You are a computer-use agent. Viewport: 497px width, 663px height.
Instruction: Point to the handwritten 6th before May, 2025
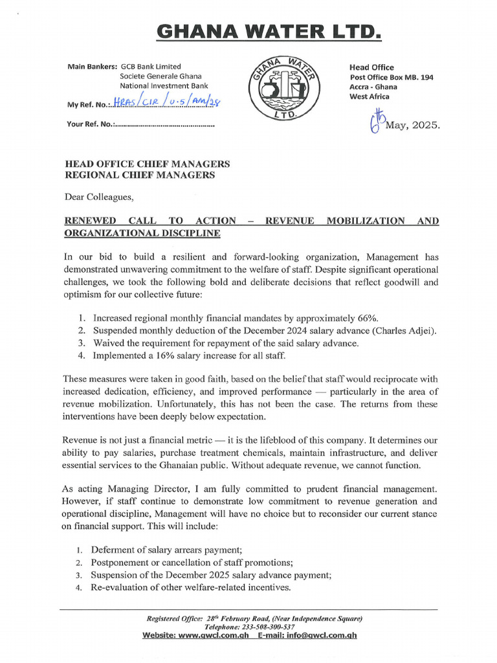point(377,120)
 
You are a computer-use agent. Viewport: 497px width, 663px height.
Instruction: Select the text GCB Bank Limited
point(151,66)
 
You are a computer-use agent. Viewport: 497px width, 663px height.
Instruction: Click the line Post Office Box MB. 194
point(391,77)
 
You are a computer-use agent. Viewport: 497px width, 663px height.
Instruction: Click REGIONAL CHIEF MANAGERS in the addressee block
point(140,175)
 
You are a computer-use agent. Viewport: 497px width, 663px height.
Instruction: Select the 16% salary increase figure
point(170,355)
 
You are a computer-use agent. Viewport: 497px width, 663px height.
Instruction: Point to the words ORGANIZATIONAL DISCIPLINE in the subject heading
point(142,233)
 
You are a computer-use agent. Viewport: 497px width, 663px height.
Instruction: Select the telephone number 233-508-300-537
point(267,627)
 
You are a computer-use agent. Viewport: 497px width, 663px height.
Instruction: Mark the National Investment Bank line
point(164,85)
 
